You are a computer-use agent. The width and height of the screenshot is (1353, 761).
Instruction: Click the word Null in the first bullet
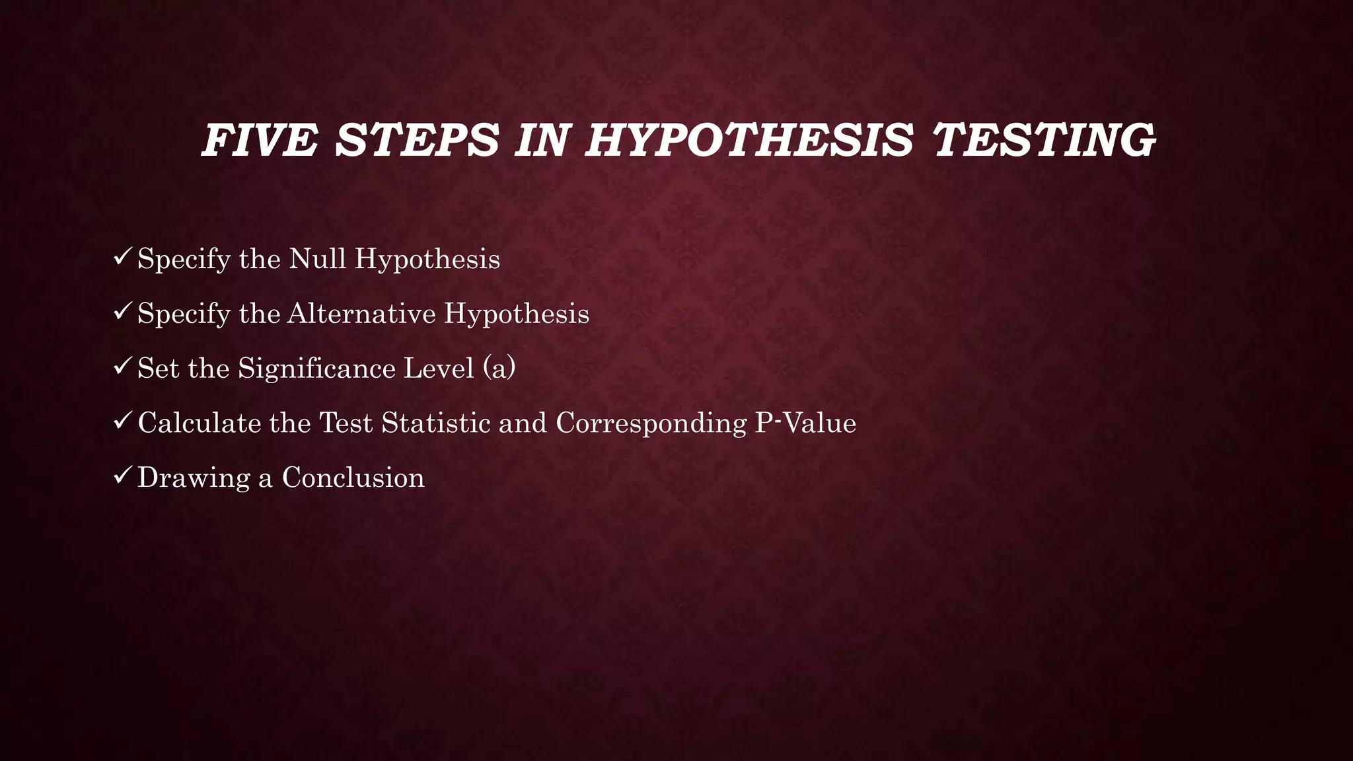pos(318,258)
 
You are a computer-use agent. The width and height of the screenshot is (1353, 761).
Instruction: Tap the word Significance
pos(316,369)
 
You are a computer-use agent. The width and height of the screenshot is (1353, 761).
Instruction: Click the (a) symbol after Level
pos(499,368)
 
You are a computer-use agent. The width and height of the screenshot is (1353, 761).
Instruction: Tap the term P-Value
pos(805,423)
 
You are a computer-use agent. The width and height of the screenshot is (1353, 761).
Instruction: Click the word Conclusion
pos(353,478)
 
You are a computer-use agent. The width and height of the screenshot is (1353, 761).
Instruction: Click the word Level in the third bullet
pos(439,368)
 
